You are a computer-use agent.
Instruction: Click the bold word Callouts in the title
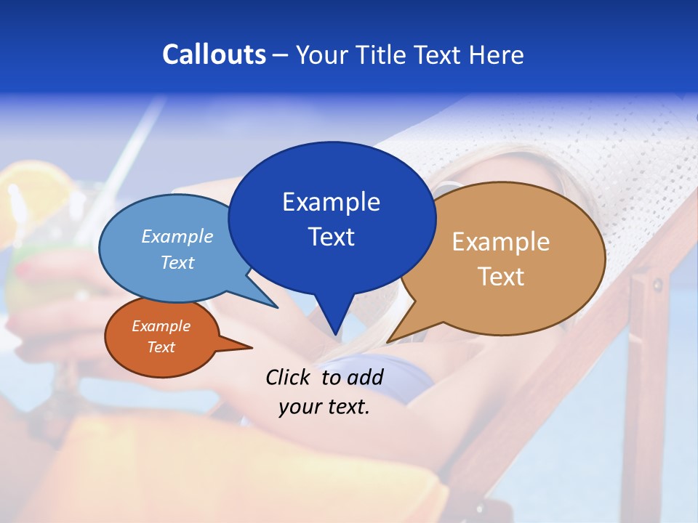click(214, 54)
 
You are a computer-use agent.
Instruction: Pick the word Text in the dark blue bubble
click(331, 236)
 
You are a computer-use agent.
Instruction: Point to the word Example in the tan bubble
click(501, 242)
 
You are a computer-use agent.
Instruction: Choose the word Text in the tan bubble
click(501, 276)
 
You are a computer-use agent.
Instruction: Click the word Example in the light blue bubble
click(177, 236)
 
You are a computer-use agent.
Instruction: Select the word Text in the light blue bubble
click(177, 262)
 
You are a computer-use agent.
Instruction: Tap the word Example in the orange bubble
click(161, 326)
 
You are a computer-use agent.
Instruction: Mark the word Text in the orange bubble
click(161, 347)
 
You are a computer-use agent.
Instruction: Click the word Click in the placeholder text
click(289, 377)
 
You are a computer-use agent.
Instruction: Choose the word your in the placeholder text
click(300, 407)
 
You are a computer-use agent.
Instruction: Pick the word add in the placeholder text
click(366, 377)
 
